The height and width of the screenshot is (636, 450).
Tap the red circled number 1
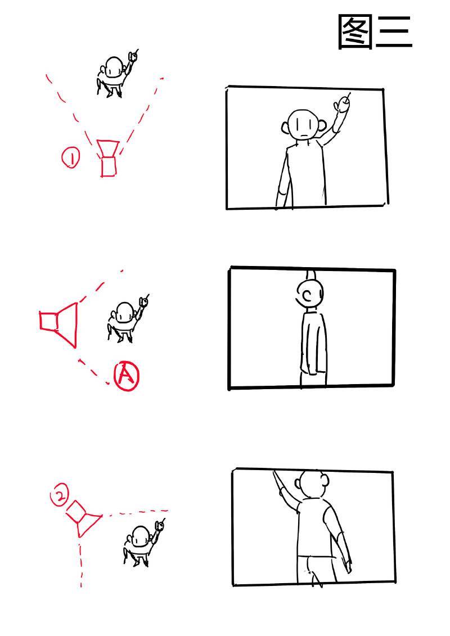click(x=71, y=158)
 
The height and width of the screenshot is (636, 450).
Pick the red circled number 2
click(x=59, y=495)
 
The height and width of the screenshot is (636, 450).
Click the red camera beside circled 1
click(x=108, y=158)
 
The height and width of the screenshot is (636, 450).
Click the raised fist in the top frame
click(x=343, y=104)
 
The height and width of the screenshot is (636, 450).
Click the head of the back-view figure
click(x=312, y=484)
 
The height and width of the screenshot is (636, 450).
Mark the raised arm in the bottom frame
click(x=286, y=491)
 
